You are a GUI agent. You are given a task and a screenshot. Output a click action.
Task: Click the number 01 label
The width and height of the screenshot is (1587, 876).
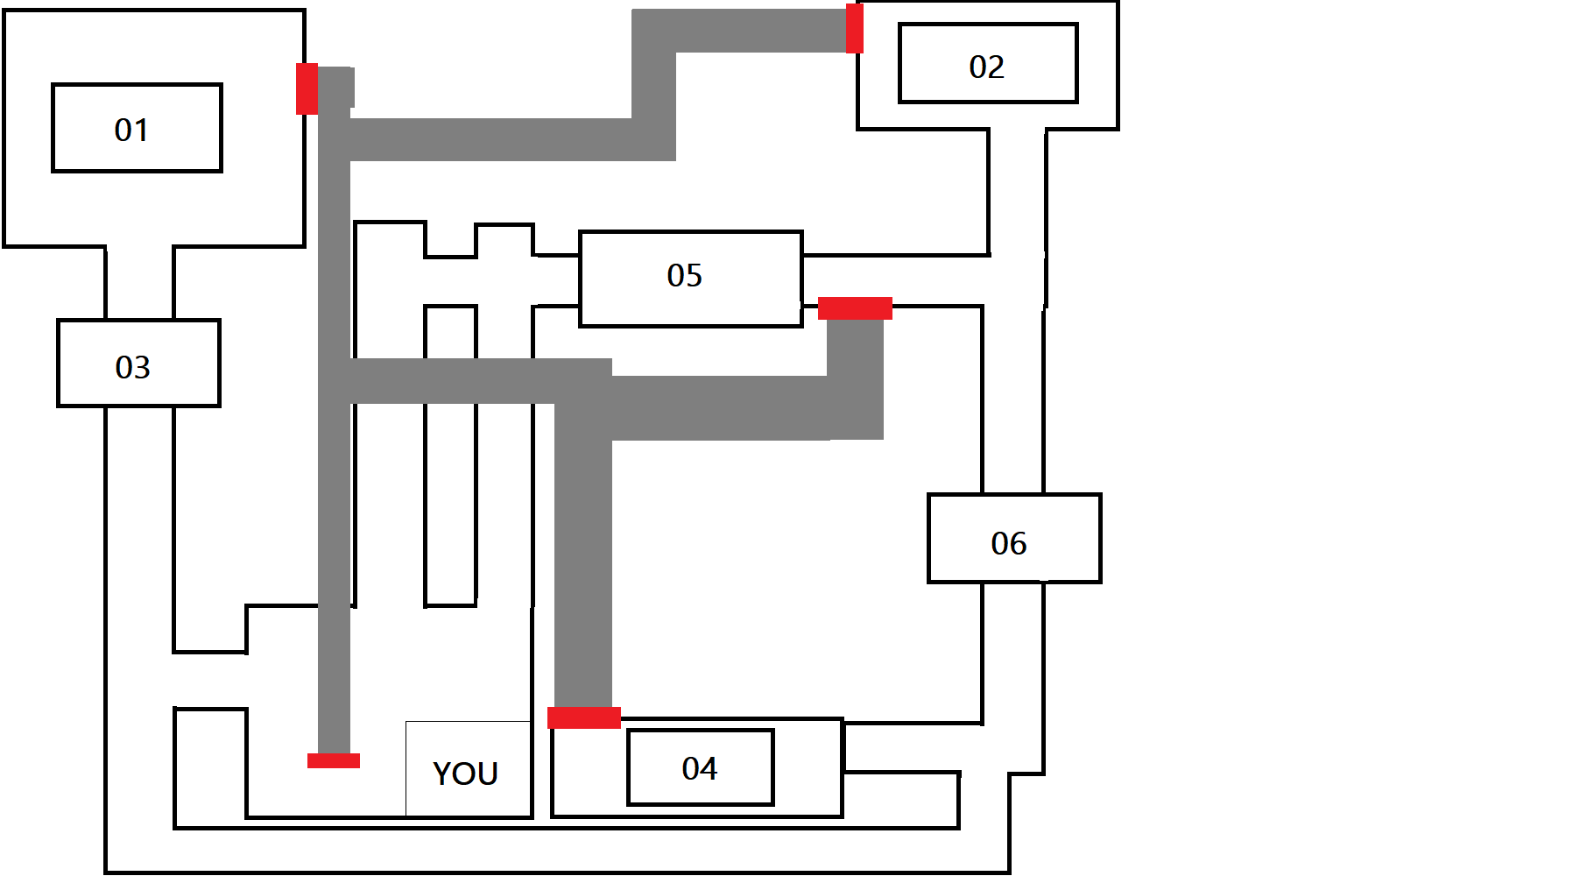[x=131, y=131]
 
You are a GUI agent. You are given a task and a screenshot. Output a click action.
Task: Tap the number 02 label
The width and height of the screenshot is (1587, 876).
[x=986, y=67]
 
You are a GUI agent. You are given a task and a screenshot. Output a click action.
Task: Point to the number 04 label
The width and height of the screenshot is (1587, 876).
[x=699, y=769]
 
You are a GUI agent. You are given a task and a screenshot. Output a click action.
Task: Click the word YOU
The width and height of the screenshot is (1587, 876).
[x=465, y=774]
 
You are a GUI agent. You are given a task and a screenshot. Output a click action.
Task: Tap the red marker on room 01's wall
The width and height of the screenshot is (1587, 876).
[x=307, y=88]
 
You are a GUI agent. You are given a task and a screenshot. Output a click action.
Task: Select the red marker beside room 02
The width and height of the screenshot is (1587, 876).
[x=854, y=28]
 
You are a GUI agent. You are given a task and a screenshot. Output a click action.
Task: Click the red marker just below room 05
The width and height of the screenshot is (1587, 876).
[x=855, y=308]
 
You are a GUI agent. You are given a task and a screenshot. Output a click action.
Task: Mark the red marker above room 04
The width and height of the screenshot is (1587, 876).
[x=584, y=717]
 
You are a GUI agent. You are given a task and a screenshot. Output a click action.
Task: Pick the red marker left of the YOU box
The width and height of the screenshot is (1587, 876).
[x=334, y=760]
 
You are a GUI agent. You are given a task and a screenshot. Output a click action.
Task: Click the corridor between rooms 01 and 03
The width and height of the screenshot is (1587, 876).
[x=139, y=283]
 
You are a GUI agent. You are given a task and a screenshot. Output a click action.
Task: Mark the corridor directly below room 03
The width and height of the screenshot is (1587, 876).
[x=139, y=526]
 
